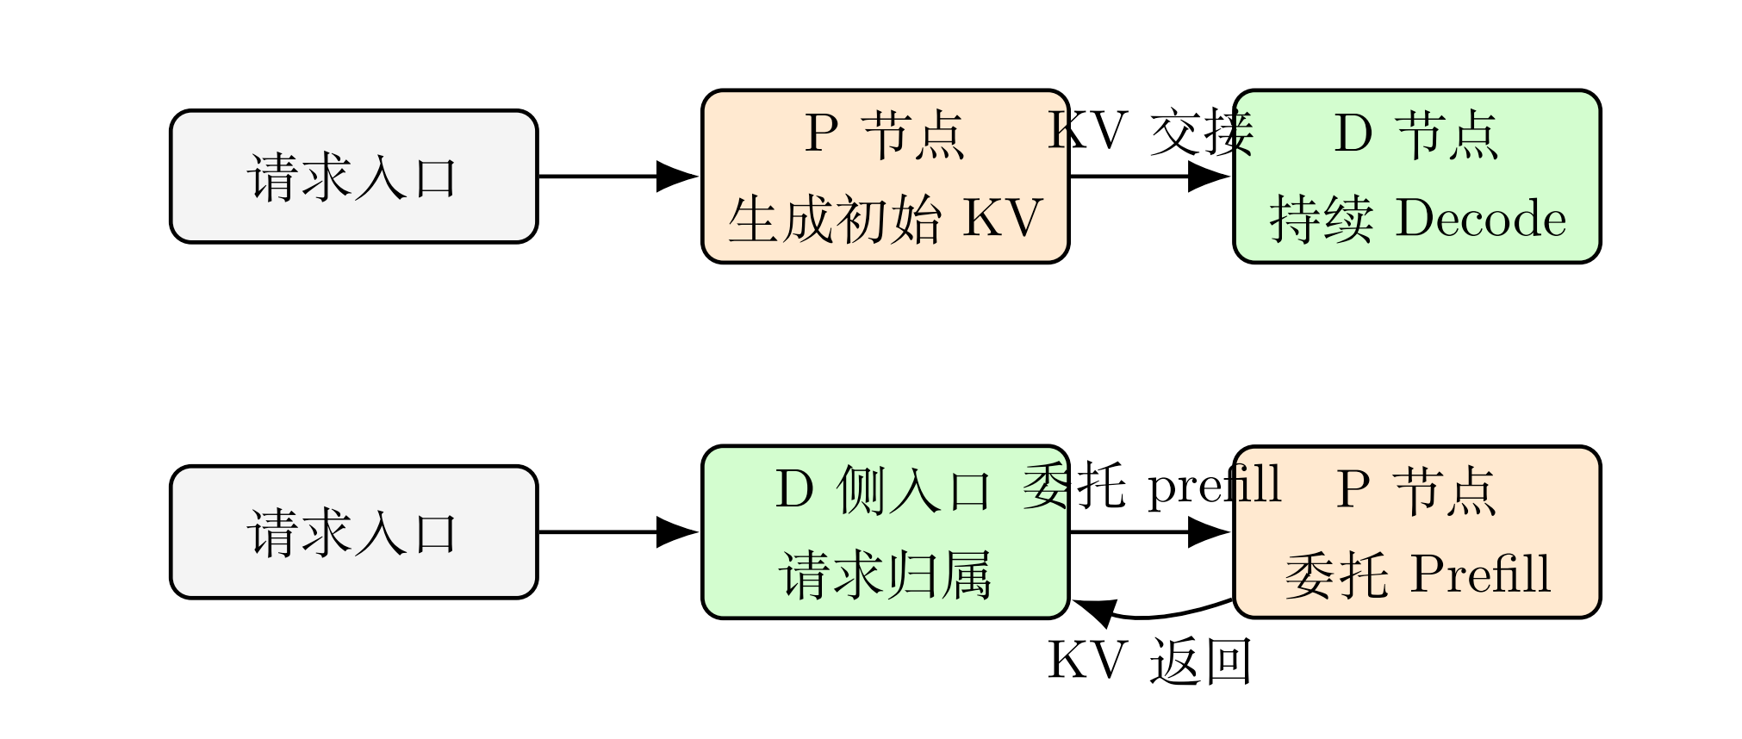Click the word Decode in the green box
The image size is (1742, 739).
click(1480, 219)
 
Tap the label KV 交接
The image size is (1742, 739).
click(1150, 133)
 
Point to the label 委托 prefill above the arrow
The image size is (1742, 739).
click(1152, 486)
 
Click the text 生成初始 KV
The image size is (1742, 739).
click(886, 219)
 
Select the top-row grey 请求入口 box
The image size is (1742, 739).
click(353, 177)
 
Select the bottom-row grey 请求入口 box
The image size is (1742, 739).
click(353, 532)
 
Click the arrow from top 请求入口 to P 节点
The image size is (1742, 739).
click(616, 177)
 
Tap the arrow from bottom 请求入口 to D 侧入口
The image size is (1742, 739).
click(616, 532)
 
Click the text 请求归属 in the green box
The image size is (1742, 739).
click(886, 575)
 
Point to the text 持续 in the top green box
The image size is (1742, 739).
click(1321, 219)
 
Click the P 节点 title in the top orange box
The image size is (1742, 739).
click(885, 134)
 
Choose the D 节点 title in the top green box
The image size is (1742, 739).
click(1416, 134)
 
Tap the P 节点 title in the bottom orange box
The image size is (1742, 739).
click(1416, 490)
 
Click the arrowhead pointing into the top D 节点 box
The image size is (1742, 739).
click(1210, 177)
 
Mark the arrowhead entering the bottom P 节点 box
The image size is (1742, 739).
click(1210, 532)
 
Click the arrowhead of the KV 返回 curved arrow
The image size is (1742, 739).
click(1092, 611)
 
